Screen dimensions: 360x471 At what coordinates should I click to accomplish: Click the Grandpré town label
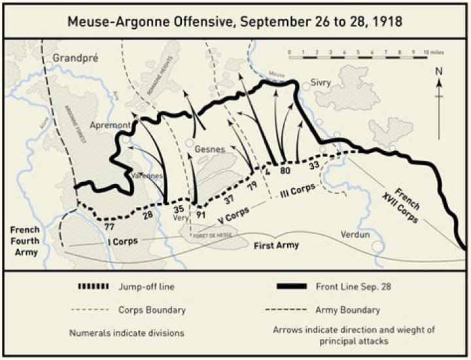[76, 57]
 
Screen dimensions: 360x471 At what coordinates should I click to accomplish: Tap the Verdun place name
[355, 234]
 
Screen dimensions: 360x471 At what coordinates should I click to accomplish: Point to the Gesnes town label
[210, 149]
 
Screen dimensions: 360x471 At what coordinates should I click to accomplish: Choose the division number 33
[314, 165]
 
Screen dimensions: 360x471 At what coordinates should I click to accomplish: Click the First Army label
[275, 245]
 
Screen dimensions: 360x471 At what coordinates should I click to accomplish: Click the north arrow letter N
[440, 71]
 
